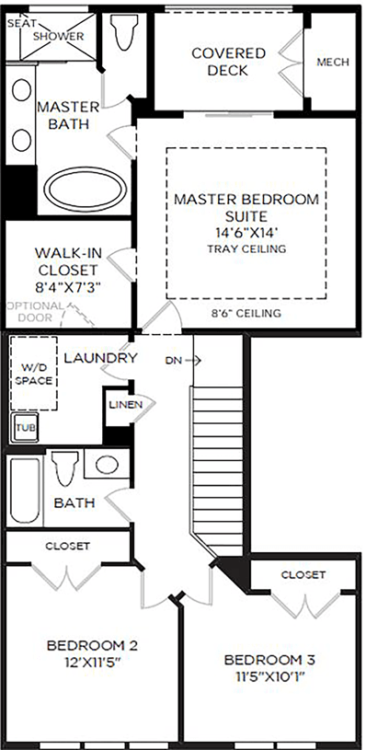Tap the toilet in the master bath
pos(121,31)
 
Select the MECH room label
pos(333,63)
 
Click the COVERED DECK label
pos(228,62)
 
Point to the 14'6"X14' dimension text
pos(246,233)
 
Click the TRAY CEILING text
pos(246,248)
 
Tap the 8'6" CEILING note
pos(246,314)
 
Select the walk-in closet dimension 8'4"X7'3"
pos(68,286)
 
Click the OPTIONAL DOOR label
pos(35,311)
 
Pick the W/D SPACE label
pos(33,375)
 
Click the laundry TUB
pos(26,427)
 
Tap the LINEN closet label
pos(126,405)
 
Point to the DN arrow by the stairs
pos(184,361)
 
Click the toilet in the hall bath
pos(65,467)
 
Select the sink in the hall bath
pos(107,464)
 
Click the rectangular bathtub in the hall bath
pos(25,490)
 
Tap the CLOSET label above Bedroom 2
pos(67,546)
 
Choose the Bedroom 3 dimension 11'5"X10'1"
pos(269,676)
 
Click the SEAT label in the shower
pos(18,23)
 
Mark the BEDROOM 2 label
pos(92,646)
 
